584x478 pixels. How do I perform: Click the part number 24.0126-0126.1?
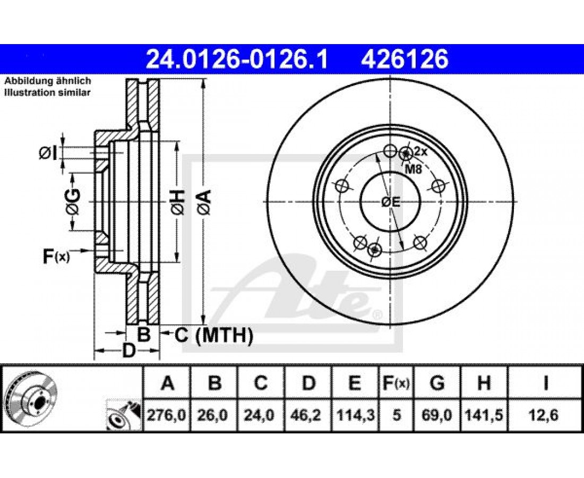point(237,59)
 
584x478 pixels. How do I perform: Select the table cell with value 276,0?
point(167,415)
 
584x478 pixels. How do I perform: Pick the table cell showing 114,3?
point(355,415)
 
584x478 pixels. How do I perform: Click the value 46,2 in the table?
point(308,415)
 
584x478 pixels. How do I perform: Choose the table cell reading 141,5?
point(484,415)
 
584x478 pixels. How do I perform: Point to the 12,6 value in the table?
point(545,415)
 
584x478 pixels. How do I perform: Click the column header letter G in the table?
point(437,382)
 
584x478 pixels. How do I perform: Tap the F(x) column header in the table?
point(396,382)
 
